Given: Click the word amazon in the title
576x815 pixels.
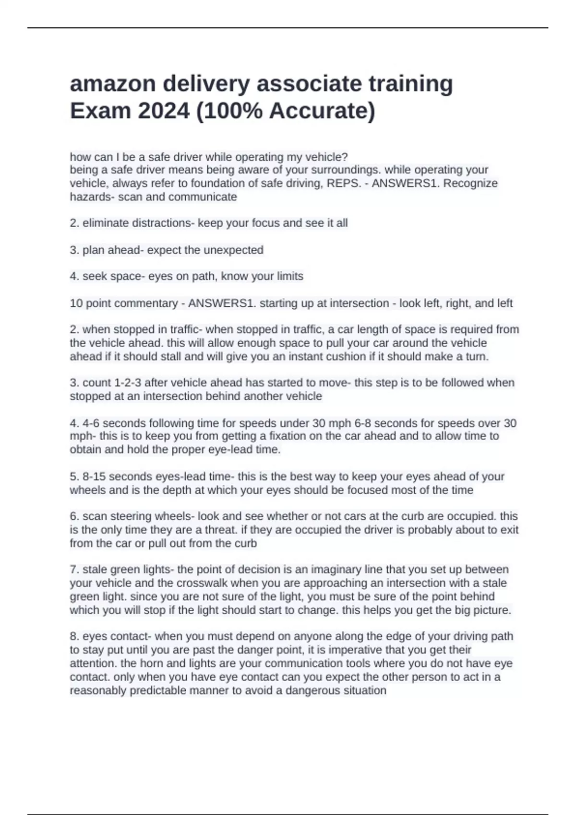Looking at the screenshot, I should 111,84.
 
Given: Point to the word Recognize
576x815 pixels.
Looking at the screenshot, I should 470,184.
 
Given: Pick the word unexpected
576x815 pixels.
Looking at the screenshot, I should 233,250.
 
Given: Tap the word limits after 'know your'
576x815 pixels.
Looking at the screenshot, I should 288,277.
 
